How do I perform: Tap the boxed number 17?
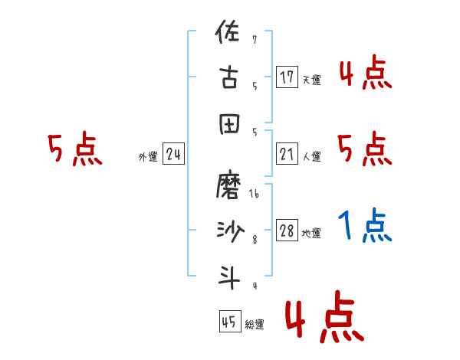pyautogui.click(x=287, y=77)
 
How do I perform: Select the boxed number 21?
pyautogui.click(x=287, y=155)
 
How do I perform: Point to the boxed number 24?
pyautogui.click(x=173, y=155)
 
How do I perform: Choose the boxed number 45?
pyautogui.click(x=228, y=322)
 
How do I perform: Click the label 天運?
pyautogui.click(x=311, y=80)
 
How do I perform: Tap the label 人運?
pyautogui.click(x=311, y=157)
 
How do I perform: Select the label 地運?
pyautogui.click(x=311, y=234)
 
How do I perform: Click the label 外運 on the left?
pyautogui.click(x=148, y=157)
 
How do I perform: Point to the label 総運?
pyautogui.click(x=255, y=325)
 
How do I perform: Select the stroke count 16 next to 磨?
pyautogui.click(x=254, y=195)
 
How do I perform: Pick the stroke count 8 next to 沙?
pyautogui.click(x=254, y=240)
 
